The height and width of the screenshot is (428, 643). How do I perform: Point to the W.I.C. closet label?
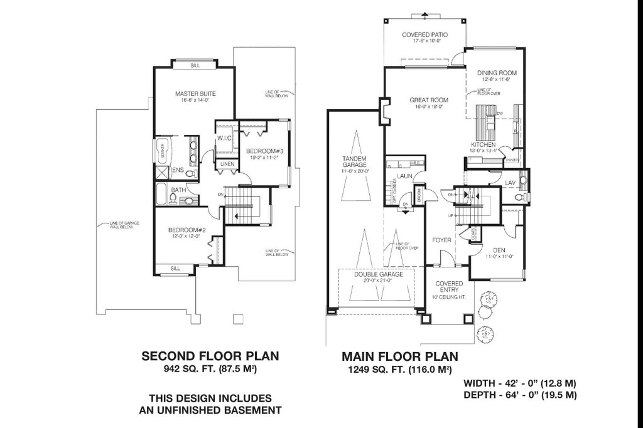pyautogui.click(x=225, y=138)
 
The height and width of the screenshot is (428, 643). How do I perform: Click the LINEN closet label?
pyautogui.click(x=227, y=164)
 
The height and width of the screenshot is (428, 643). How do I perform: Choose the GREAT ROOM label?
pyautogui.click(x=429, y=100)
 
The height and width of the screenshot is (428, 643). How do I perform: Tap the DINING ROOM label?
pyautogui.click(x=496, y=72)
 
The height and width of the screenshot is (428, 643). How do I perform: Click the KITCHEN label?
pyautogui.click(x=488, y=145)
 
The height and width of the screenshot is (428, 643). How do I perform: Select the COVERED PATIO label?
pyautogui.click(x=425, y=35)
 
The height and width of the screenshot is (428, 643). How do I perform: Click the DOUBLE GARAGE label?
pyautogui.click(x=377, y=275)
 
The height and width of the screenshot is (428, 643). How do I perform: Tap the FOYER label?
pyautogui.click(x=441, y=240)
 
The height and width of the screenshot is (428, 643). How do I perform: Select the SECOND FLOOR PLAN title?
pyautogui.click(x=210, y=356)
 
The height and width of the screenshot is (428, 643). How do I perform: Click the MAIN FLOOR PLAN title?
pyautogui.click(x=399, y=356)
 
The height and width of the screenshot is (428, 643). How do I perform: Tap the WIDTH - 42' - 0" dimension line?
pyautogui.click(x=519, y=382)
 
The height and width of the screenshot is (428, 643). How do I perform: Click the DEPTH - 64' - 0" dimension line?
pyautogui.click(x=519, y=395)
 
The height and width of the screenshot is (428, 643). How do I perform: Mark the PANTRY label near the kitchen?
pyautogui.click(x=514, y=161)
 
